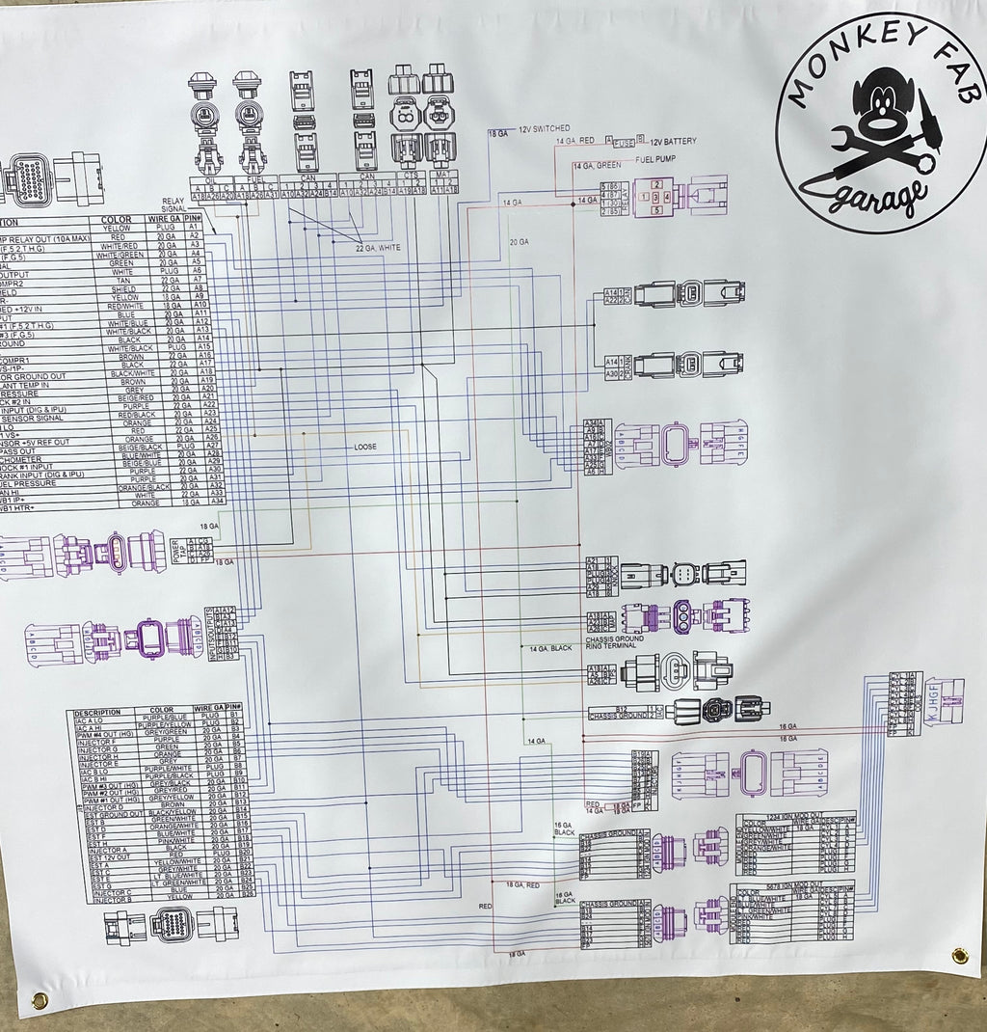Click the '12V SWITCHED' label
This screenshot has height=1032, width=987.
[545, 129]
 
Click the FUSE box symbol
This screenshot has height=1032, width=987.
[624, 143]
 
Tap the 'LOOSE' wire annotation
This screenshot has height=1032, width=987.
[365, 447]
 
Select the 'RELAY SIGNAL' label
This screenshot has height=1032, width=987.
[173, 203]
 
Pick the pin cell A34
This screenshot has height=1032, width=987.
[218, 502]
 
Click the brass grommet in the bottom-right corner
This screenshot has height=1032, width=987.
[959, 955]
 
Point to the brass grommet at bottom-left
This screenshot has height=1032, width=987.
[40, 999]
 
